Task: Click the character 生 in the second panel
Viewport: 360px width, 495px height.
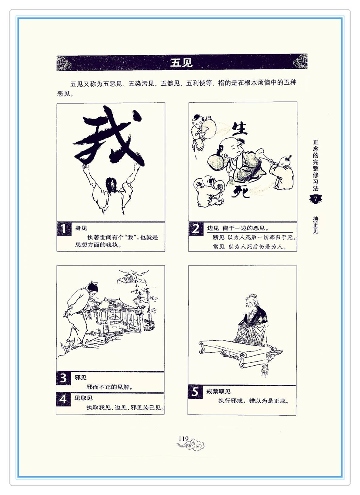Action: coord(239,128)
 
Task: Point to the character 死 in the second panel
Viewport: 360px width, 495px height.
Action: coord(241,191)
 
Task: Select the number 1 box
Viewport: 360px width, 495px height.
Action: coord(64,229)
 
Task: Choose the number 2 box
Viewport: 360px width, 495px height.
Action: coord(196,229)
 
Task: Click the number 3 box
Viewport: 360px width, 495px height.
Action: coord(63,378)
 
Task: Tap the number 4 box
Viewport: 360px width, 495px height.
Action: coord(63,399)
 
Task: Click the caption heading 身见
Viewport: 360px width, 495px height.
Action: coord(81,228)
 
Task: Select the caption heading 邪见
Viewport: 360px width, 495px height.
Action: coord(81,378)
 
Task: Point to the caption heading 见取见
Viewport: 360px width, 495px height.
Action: coord(83,398)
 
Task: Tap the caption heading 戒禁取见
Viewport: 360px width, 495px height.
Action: coord(218,391)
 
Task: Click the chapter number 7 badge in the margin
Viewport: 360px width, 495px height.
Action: coord(315,199)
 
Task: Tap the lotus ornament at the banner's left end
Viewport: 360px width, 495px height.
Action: coord(64,63)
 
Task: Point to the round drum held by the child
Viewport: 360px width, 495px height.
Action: coord(208,129)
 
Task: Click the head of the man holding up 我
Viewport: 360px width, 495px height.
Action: coord(111,185)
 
